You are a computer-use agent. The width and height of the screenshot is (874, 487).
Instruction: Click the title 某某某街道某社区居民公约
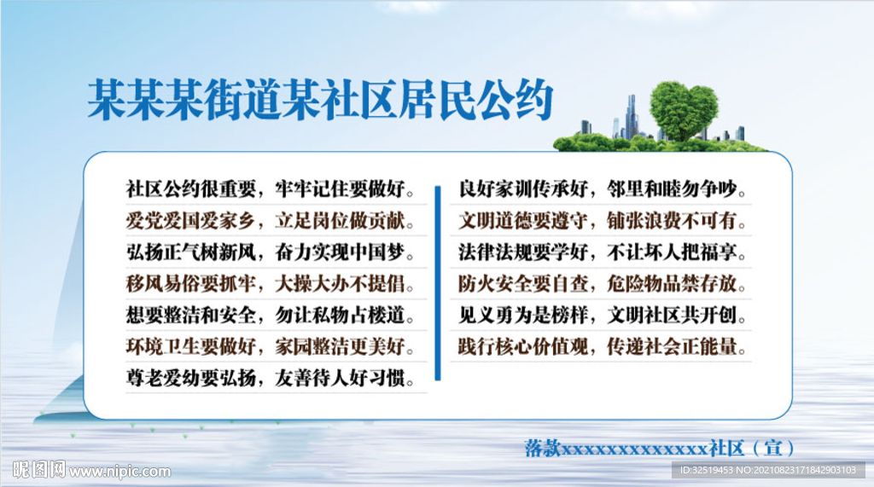(x=320, y=100)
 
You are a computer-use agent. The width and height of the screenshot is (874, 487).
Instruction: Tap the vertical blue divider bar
(x=438, y=282)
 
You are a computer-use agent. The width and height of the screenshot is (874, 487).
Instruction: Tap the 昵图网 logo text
(x=39, y=469)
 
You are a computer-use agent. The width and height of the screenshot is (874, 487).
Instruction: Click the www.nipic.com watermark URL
(x=119, y=471)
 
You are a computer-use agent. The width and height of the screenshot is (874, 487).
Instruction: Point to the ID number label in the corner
(x=768, y=470)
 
